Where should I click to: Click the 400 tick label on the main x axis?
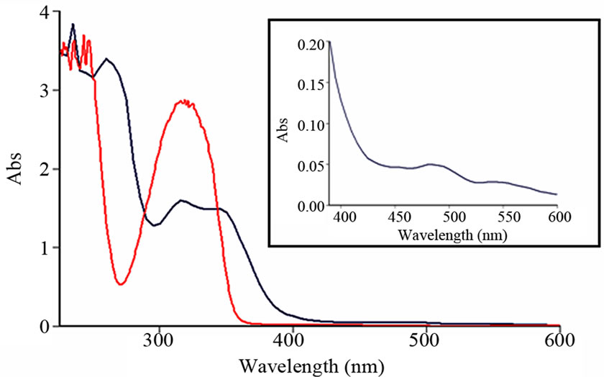292,340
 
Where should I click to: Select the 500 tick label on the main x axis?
426,340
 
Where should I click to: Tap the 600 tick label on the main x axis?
559,340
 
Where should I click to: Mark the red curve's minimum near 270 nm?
121,284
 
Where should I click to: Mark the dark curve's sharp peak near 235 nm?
73,24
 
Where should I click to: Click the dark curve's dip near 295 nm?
153,225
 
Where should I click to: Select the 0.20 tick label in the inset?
309,43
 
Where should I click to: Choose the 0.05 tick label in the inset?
309,165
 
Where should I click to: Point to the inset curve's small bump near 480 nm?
430,164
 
